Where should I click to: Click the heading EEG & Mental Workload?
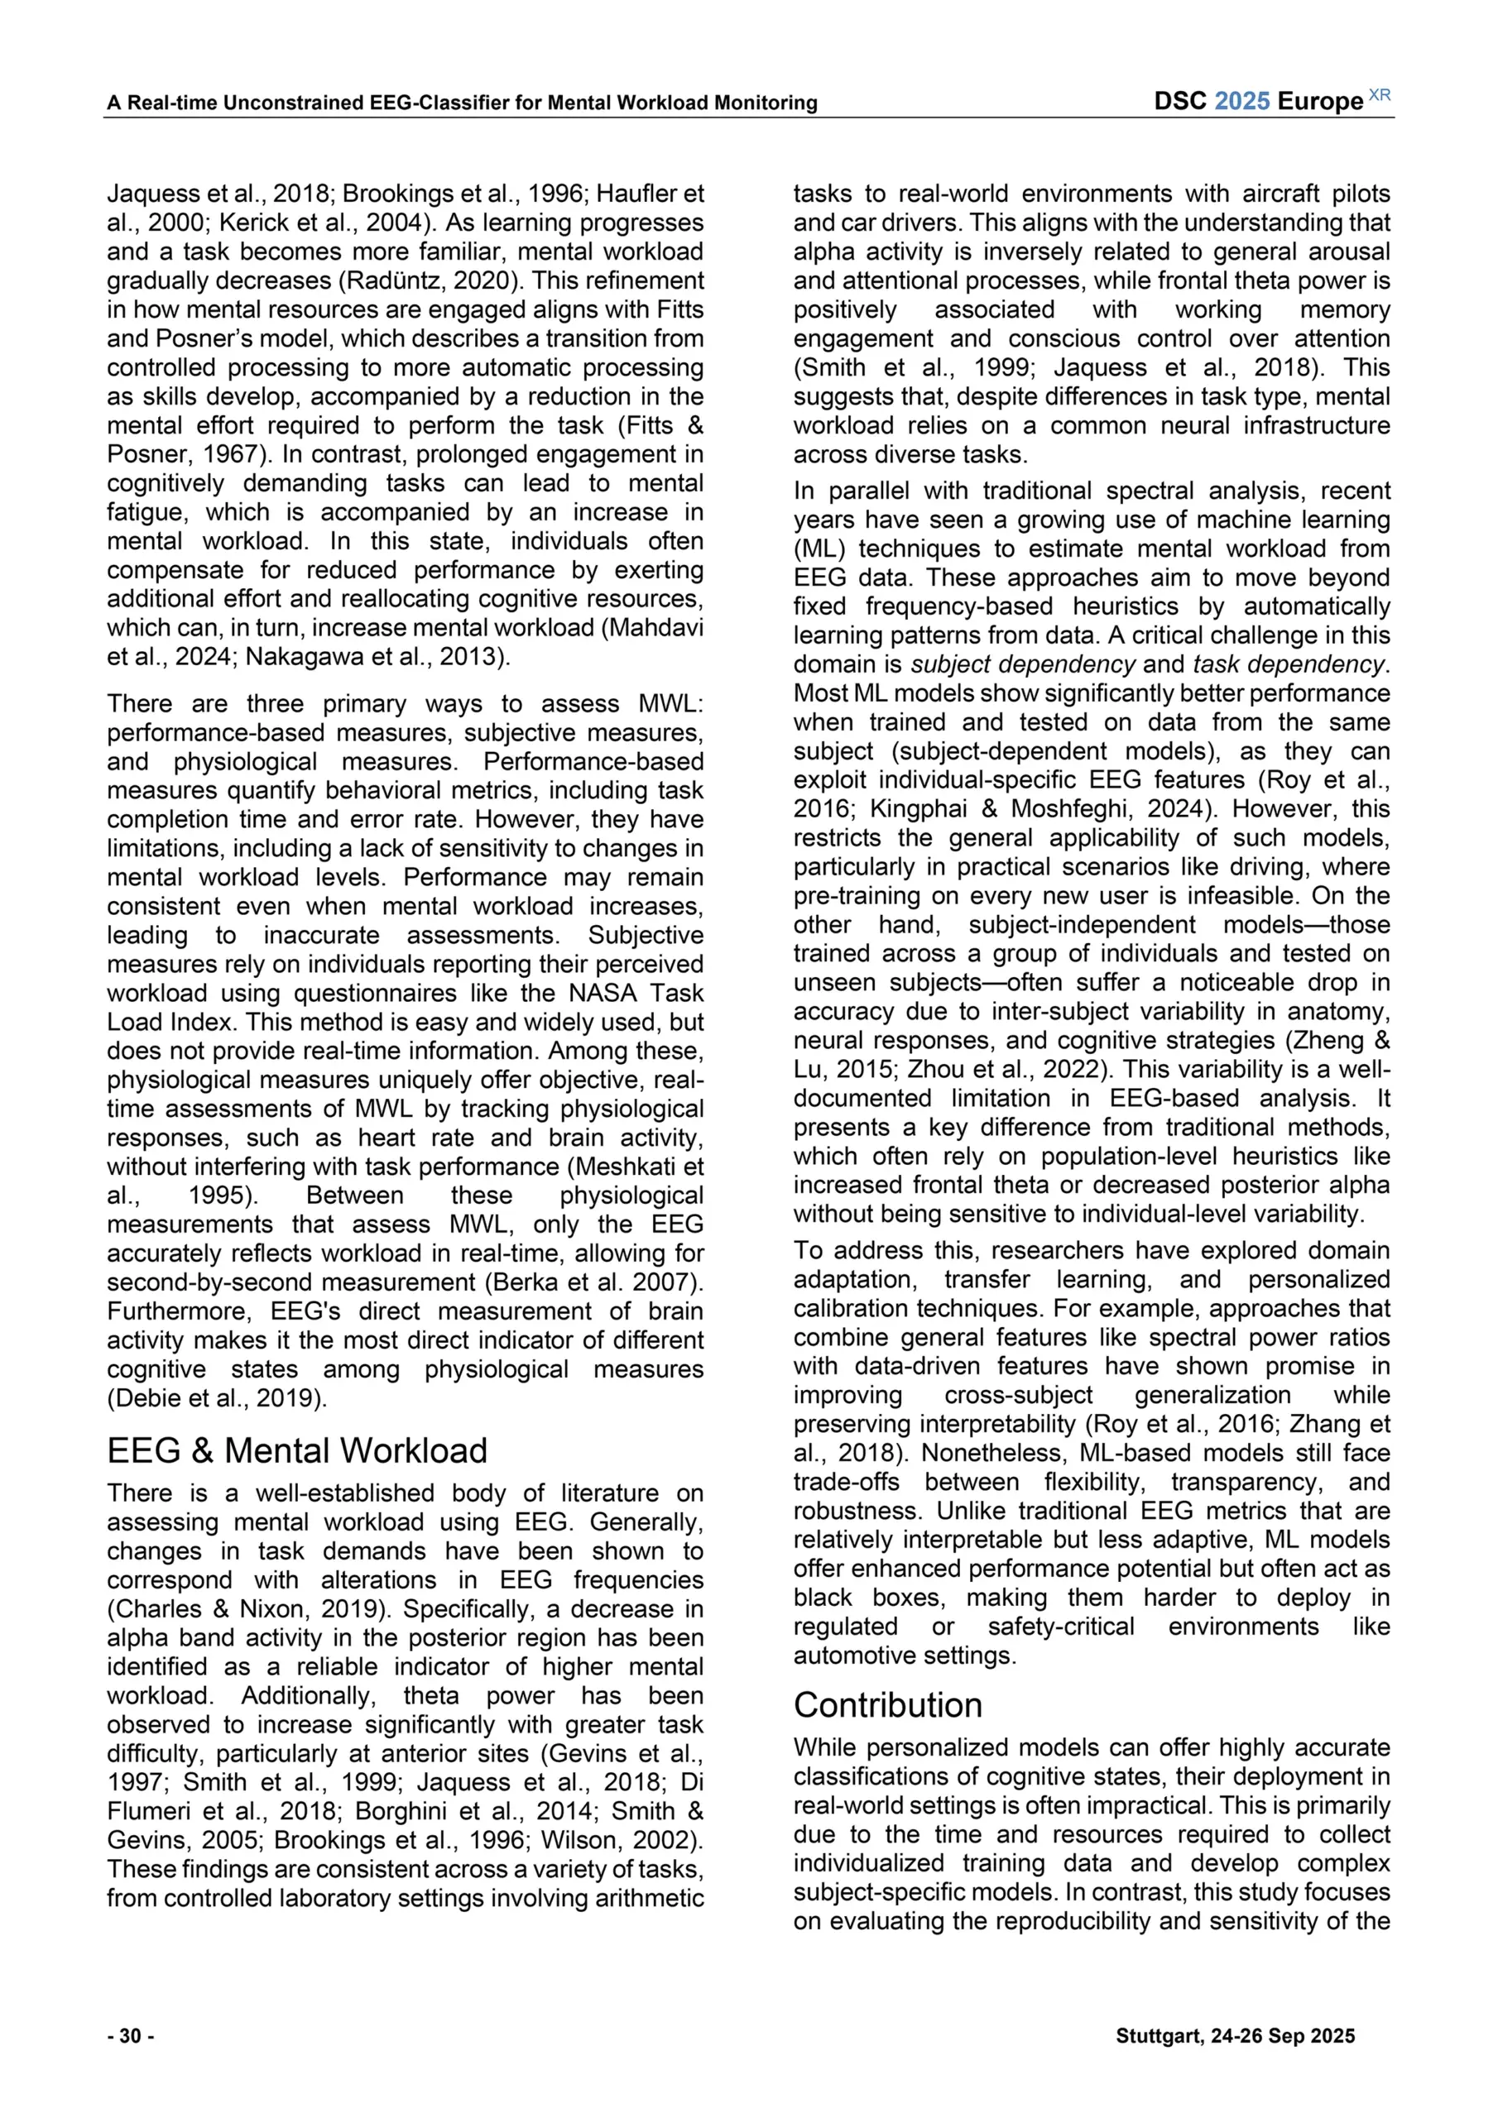pos(296,1451)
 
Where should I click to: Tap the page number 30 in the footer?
pos(130,2036)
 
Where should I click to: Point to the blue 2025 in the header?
pos(1241,102)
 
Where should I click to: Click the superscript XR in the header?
pos(1379,96)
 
